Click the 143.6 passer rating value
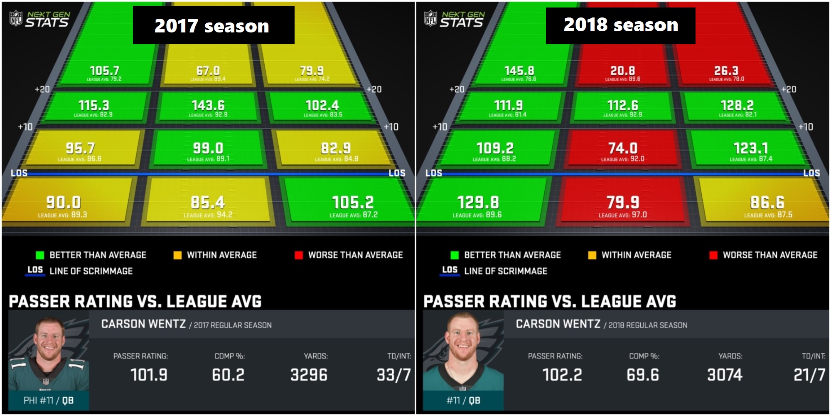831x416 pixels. click(x=208, y=106)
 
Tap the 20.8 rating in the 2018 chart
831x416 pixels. click(x=622, y=71)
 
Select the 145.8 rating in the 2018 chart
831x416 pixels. click(x=519, y=71)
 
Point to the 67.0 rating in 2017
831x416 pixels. click(x=208, y=71)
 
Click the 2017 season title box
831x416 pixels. click(x=214, y=25)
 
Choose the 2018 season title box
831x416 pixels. click(x=620, y=25)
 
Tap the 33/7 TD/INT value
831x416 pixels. click(x=393, y=375)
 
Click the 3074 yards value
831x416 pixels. click(x=725, y=375)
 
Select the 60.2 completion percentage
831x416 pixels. click(x=228, y=375)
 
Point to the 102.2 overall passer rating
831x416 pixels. click(x=562, y=375)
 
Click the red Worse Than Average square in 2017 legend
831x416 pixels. click(x=298, y=255)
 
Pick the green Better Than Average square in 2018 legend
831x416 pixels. click(x=455, y=255)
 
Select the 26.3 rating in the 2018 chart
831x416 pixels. click(x=726, y=71)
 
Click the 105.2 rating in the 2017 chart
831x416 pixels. click(x=353, y=203)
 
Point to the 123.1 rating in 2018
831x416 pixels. click(x=751, y=148)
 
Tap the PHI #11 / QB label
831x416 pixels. click(x=49, y=400)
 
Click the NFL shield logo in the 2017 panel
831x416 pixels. click(x=16, y=18)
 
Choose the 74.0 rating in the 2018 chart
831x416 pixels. click(x=623, y=148)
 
